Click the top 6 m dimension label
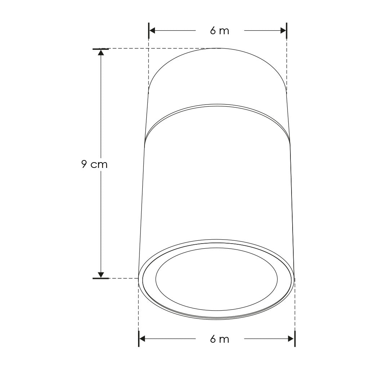click(219, 31)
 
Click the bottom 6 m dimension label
click(219, 339)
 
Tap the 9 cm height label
click(94, 164)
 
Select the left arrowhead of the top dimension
click(152, 30)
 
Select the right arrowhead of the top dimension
click(283, 30)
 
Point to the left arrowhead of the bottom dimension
click(142, 339)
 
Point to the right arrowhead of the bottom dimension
click(291, 339)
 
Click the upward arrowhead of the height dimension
click(101, 52)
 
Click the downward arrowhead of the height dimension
click(101, 275)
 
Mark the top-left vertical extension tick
click(149, 31)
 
